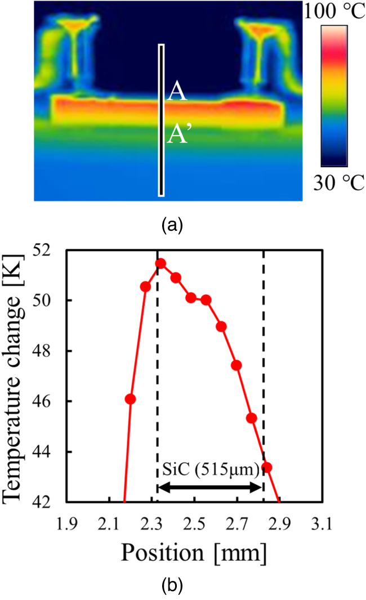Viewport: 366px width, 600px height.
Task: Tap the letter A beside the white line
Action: [x=177, y=93]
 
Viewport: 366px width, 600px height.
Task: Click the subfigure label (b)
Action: [x=172, y=585]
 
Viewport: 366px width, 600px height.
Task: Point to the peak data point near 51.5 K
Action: [x=160, y=263]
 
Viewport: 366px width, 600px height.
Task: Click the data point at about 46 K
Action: [x=130, y=399]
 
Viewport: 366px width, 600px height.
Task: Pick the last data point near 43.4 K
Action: [x=267, y=467]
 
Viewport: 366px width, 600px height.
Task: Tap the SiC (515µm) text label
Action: [x=210, y=468]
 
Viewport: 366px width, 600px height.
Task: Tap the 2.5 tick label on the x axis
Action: [x=194, y=526]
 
